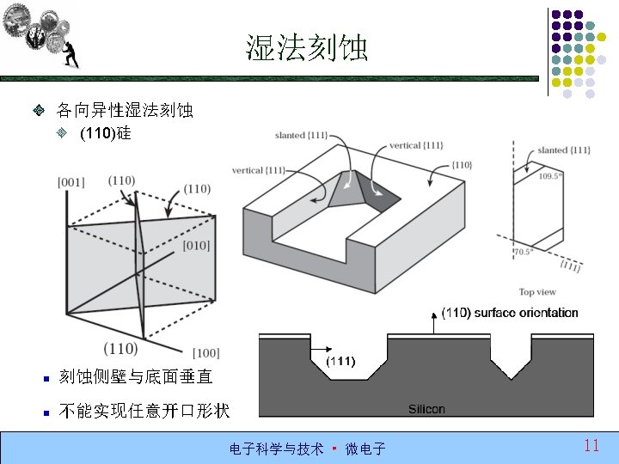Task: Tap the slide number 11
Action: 591,445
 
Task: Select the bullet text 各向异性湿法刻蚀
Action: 125,111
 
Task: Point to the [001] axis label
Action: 70,182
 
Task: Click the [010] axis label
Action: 196,247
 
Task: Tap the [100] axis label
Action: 205,353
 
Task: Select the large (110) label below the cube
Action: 120,348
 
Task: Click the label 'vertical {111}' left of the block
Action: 258,170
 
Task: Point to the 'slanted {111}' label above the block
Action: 301,136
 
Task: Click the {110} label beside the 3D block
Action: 461,164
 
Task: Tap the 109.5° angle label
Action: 550,175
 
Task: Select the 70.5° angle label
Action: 524,252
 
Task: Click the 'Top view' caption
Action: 537,292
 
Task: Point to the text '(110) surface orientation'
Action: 509,313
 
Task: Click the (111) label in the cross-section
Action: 341,361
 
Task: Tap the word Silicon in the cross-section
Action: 426,408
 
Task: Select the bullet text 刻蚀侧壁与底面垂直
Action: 135,376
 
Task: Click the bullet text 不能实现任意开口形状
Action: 144,411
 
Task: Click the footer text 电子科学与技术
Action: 276,449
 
